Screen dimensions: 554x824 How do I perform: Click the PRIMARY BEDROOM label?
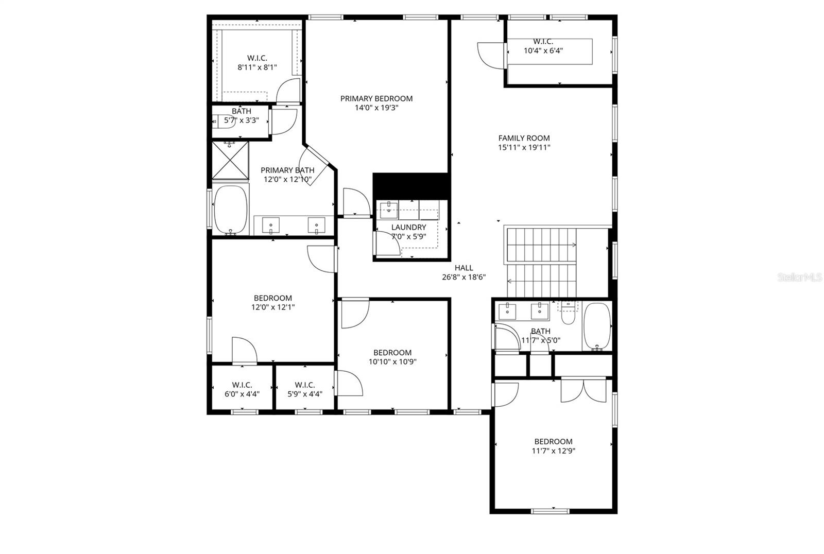point(376,98)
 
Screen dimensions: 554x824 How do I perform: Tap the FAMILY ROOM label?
point(524,138)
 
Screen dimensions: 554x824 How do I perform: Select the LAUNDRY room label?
point(408,227)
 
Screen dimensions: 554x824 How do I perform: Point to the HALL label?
point(463,268)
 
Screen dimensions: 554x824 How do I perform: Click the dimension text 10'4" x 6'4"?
point(543,50)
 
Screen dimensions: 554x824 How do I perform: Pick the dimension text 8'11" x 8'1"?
point(257,67)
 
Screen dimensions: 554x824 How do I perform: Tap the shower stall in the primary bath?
point(230,160)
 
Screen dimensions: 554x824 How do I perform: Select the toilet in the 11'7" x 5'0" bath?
point(568,314)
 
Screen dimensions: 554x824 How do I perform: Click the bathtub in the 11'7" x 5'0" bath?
point(597,326)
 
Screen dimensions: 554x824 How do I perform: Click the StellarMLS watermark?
point(800,277)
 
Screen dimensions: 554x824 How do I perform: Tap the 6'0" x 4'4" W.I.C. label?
point(242,385)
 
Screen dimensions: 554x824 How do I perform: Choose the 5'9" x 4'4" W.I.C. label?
point(305,385)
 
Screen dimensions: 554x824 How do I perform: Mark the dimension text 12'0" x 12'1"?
point(273,307)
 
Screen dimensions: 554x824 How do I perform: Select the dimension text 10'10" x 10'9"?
point(392,361)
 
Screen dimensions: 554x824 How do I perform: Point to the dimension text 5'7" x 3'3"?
point(242,120)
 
